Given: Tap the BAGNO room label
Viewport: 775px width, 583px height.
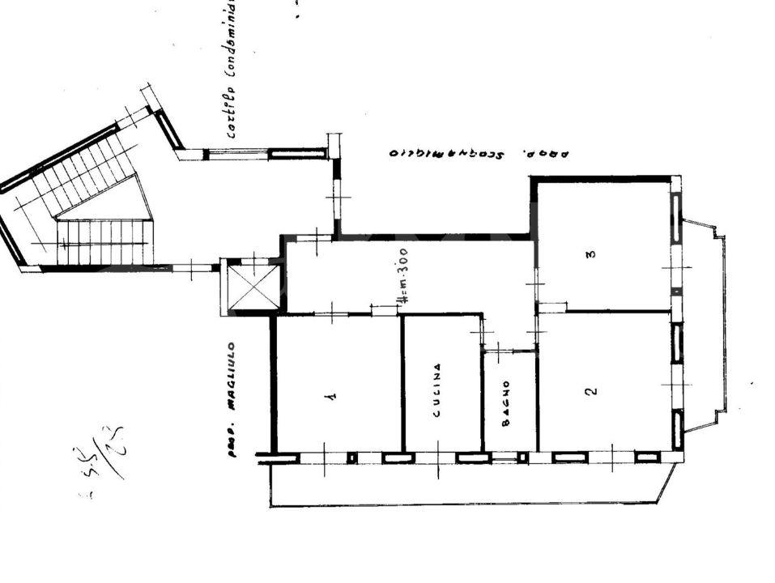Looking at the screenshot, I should point(504,402).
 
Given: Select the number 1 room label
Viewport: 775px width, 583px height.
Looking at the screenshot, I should point(330,397).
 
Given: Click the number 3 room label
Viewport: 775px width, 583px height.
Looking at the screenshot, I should point(591,254).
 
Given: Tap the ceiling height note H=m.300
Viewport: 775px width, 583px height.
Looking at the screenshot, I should point(402,276).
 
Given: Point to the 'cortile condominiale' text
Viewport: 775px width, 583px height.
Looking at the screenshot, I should point(232,69).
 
